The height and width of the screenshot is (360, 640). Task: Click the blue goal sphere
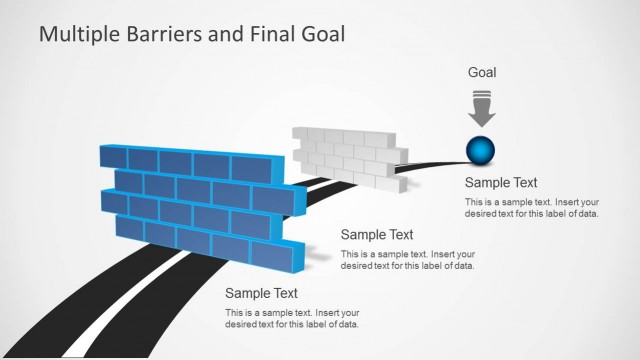click(x=481, y=150)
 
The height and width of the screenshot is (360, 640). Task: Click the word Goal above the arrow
click(x=482, y=73)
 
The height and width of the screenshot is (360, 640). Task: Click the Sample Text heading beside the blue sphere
click(x=501, y=183)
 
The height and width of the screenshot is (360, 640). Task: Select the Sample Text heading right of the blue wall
click(x=377, y=235)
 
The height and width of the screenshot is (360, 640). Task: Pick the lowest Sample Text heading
click(x=261, y=293)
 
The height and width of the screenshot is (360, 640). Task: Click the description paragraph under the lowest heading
click(x=292, y=319)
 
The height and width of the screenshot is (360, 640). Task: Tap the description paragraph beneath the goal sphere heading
click(x=532, y=209)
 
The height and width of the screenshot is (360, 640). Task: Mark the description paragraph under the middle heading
click(x=408, y=260)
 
